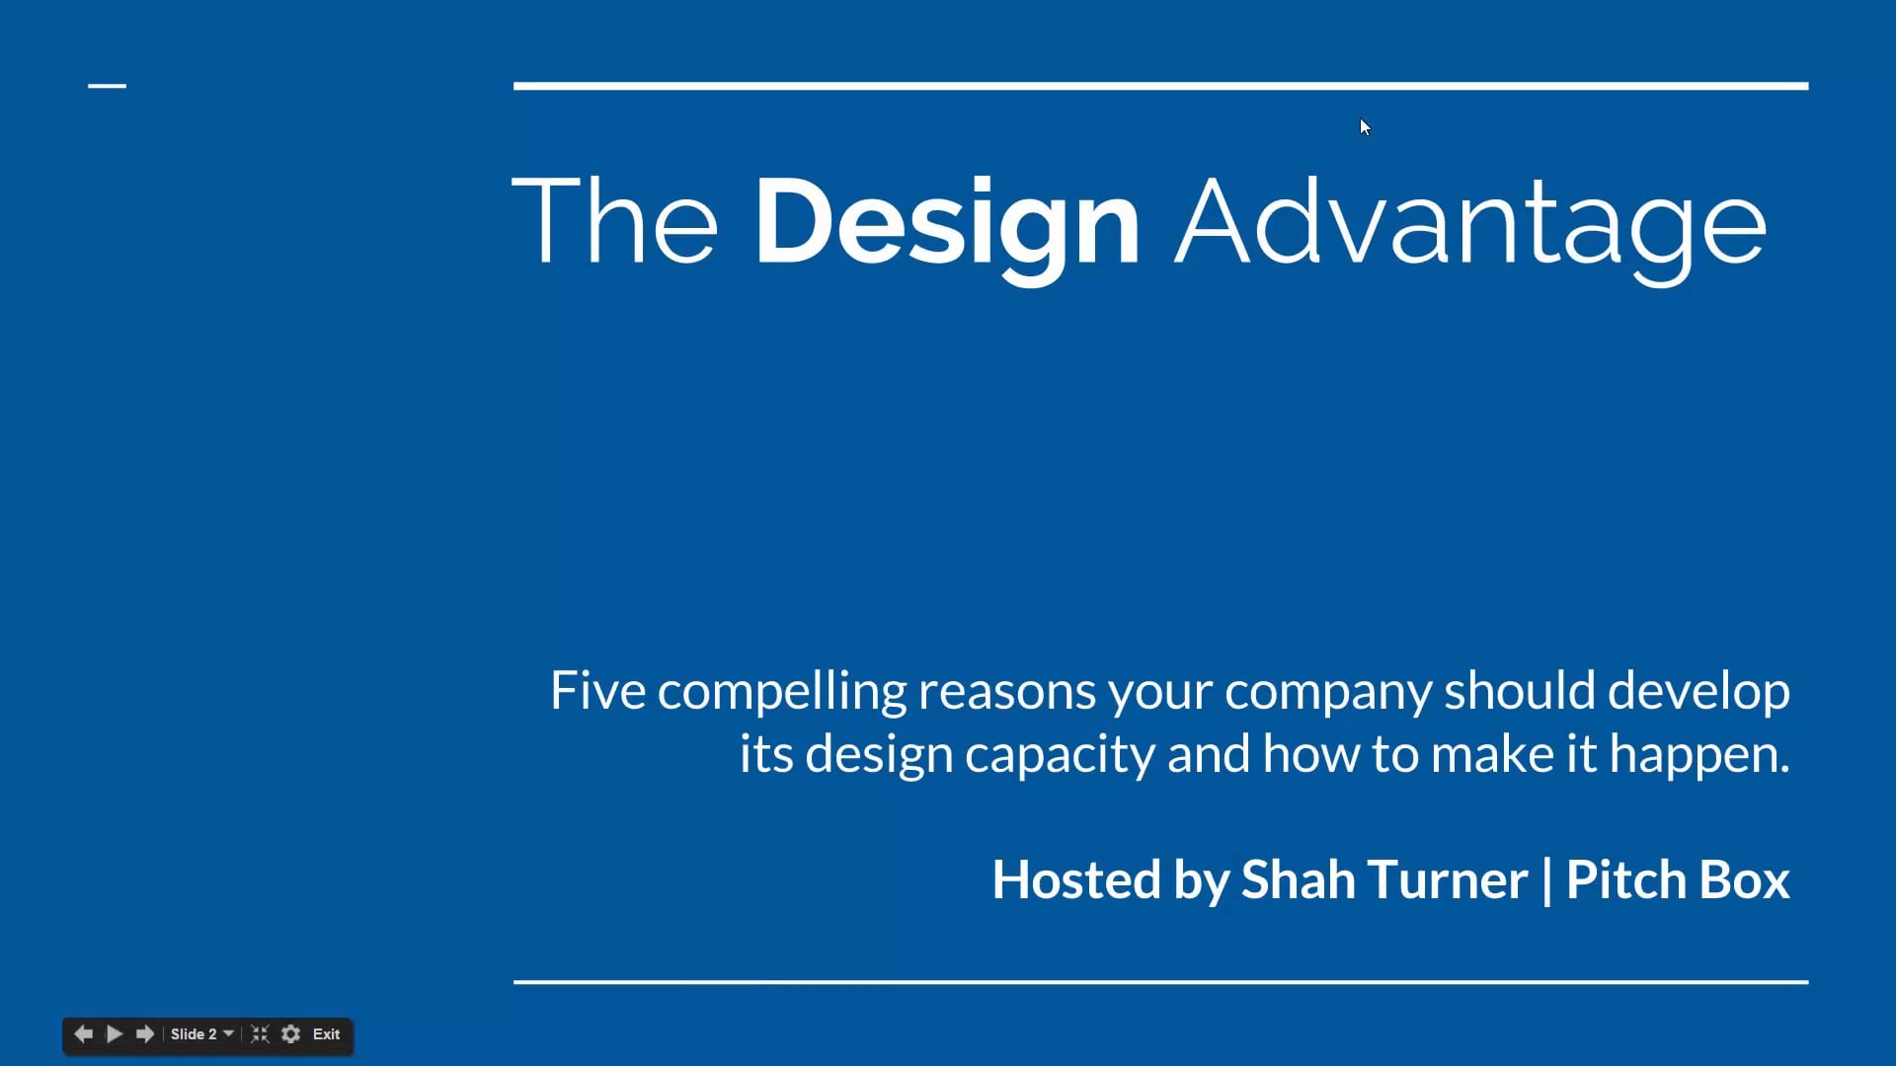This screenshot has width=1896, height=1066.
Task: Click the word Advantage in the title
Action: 1469,223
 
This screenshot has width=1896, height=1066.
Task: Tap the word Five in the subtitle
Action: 597,690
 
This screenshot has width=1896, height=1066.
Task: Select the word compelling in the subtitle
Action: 781,692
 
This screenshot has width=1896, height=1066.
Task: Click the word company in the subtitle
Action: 1327,692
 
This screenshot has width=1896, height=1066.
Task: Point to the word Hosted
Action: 1075,879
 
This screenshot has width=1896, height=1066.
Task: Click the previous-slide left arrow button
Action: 84,1034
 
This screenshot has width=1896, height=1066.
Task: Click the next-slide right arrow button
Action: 145,1034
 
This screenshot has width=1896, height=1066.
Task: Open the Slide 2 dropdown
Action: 201,1034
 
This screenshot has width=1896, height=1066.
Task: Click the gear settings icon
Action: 290,1034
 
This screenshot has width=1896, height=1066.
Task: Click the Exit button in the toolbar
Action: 326,1034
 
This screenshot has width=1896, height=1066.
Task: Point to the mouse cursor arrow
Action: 1365,126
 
